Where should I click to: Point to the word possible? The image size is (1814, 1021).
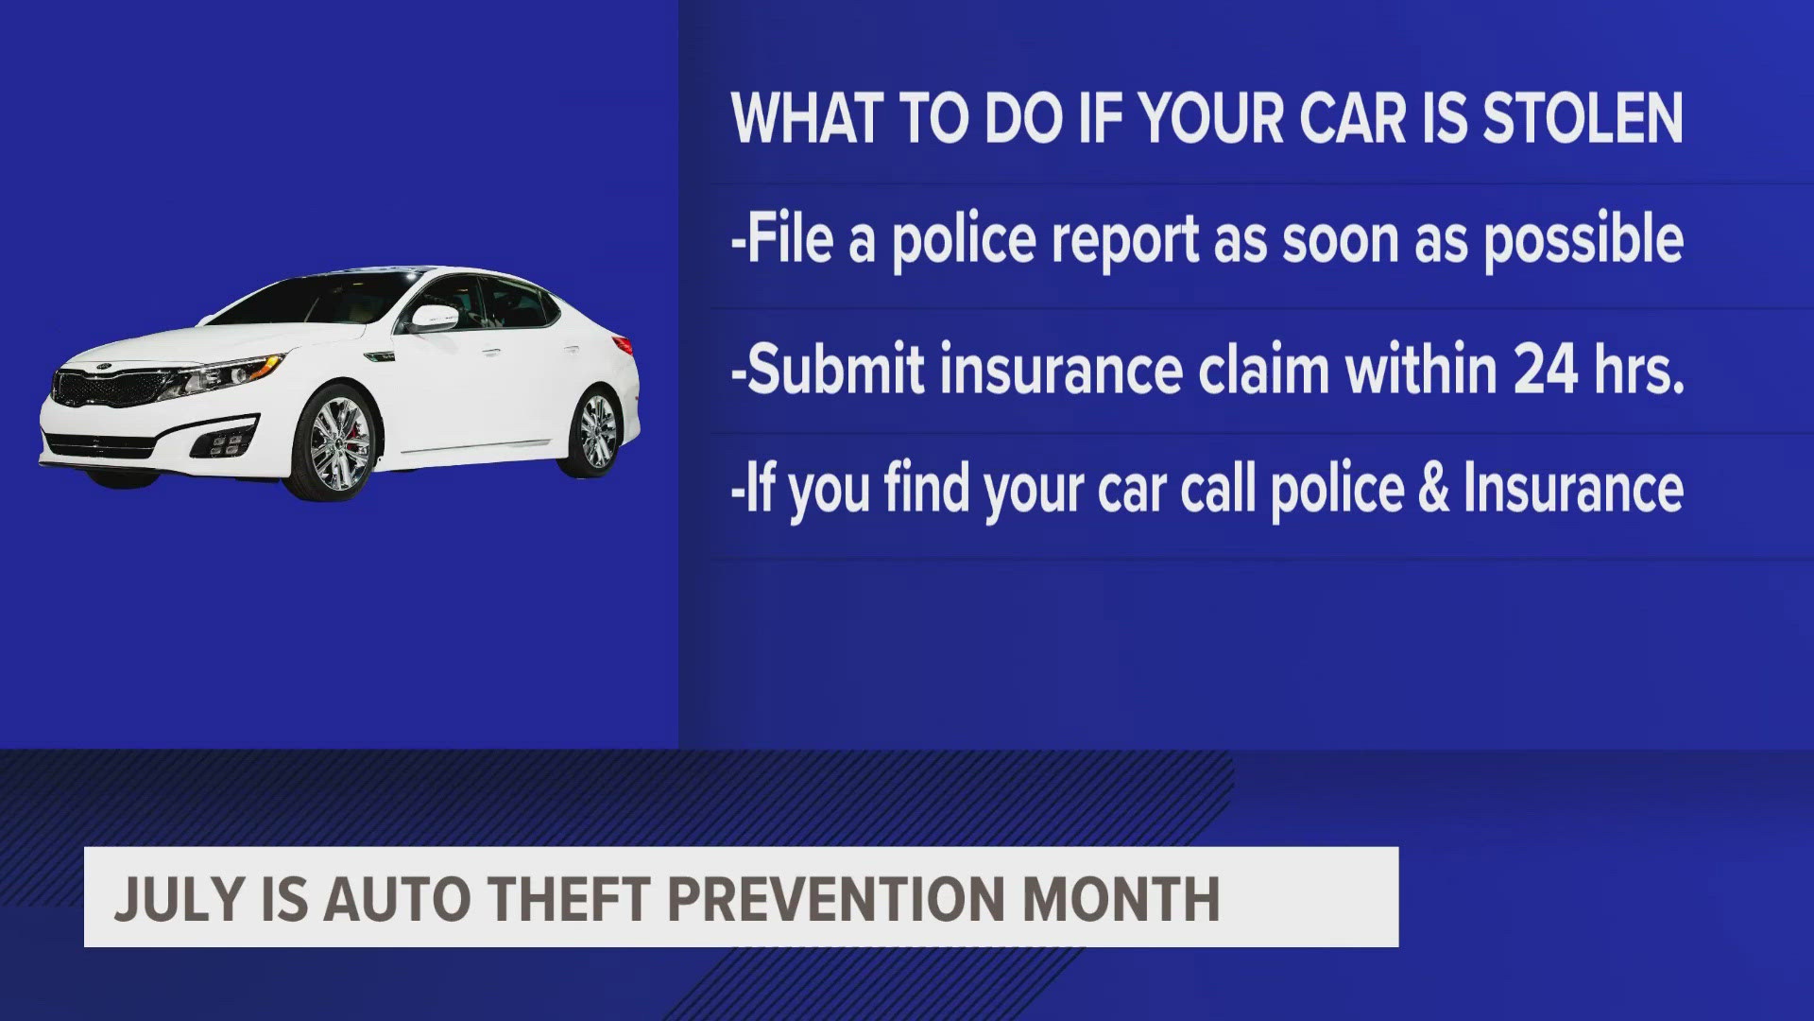point(1583,240)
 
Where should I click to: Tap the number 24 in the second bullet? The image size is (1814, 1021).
point(1545,369)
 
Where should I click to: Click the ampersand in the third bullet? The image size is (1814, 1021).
point(1432,490)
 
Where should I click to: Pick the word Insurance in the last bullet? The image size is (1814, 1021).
point(1573,490)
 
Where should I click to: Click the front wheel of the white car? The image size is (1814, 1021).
point(335,444)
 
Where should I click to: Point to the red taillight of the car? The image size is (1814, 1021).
point(622,344)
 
